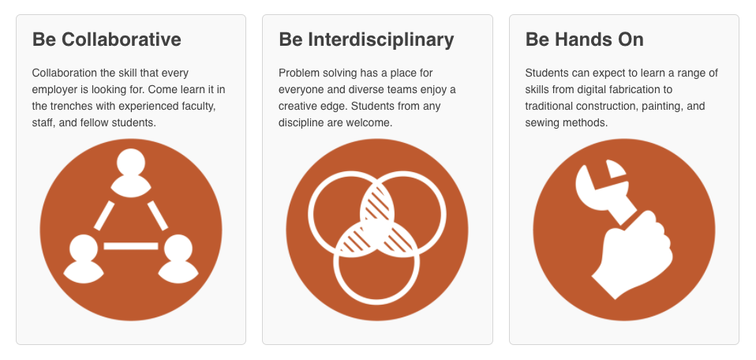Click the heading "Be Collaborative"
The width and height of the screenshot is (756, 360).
(107, 39)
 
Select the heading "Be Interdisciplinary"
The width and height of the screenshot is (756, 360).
(366, 40)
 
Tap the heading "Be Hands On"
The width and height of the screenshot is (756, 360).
(584, 39)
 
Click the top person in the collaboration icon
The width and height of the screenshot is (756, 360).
(131, 173)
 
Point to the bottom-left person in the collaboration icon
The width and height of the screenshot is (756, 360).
(84, 259)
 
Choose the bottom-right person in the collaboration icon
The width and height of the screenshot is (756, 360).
(178, 259)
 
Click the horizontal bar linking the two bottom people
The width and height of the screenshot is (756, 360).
(131, 246)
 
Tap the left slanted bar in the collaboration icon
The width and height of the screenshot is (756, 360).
(104, 216)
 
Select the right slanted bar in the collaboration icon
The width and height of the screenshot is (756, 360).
(157, 216)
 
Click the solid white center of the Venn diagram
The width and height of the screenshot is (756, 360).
(377, 235)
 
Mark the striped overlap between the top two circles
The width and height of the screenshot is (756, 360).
(377, 203)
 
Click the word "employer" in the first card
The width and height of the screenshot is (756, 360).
(53, 90)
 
